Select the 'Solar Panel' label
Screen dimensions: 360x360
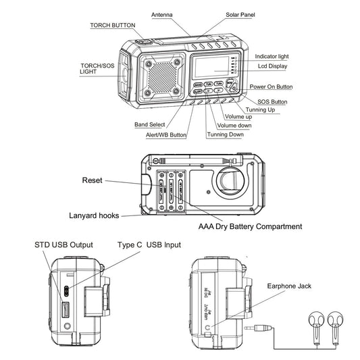click(x=241, y=14)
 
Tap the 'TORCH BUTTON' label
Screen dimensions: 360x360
click(x=113, y=25)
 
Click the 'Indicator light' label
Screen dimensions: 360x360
click(x=274, y=57)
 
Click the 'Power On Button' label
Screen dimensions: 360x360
click(x=271, y=86)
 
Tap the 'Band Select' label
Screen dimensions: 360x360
click(x=149, y=124)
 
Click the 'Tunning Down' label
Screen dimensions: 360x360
click(x=225, y=134)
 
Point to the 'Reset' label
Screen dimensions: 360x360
click(x=92, y=181)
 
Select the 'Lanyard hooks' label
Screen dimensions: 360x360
click(x=94, y=215)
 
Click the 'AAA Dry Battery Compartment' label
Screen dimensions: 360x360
click(x=250, y=226)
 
